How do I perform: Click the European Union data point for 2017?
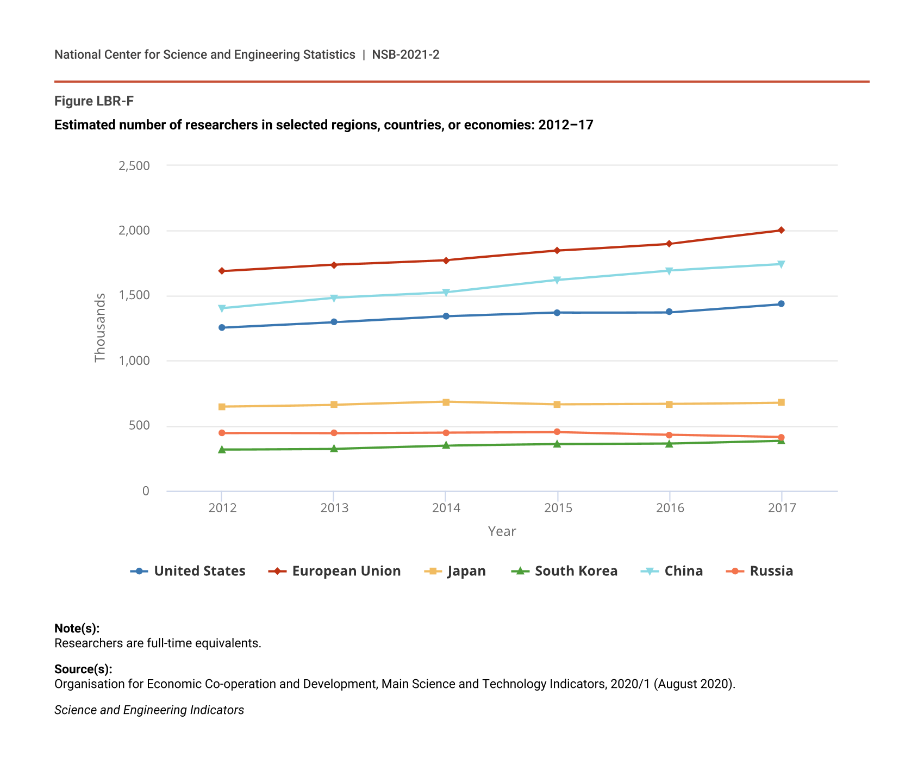[781, 231]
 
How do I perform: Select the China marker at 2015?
[557, 281]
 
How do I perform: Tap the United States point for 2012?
[222, 328]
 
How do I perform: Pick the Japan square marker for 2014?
[446, 402]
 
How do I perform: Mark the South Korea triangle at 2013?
[334, 449]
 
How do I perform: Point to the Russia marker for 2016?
[669, 435]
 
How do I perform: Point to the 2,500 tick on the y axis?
[134, 166]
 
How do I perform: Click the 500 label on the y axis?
[139, 426]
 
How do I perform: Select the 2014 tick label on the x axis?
[446, 508]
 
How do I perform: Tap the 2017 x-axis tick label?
[782, 508]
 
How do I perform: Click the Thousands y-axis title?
[100, 328]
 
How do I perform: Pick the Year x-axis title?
[502, 532]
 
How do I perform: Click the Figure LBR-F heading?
[94, 101]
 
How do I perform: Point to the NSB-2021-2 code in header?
[405, 55]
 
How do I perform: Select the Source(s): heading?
[83, 669]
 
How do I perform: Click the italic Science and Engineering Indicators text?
[149, 710]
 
